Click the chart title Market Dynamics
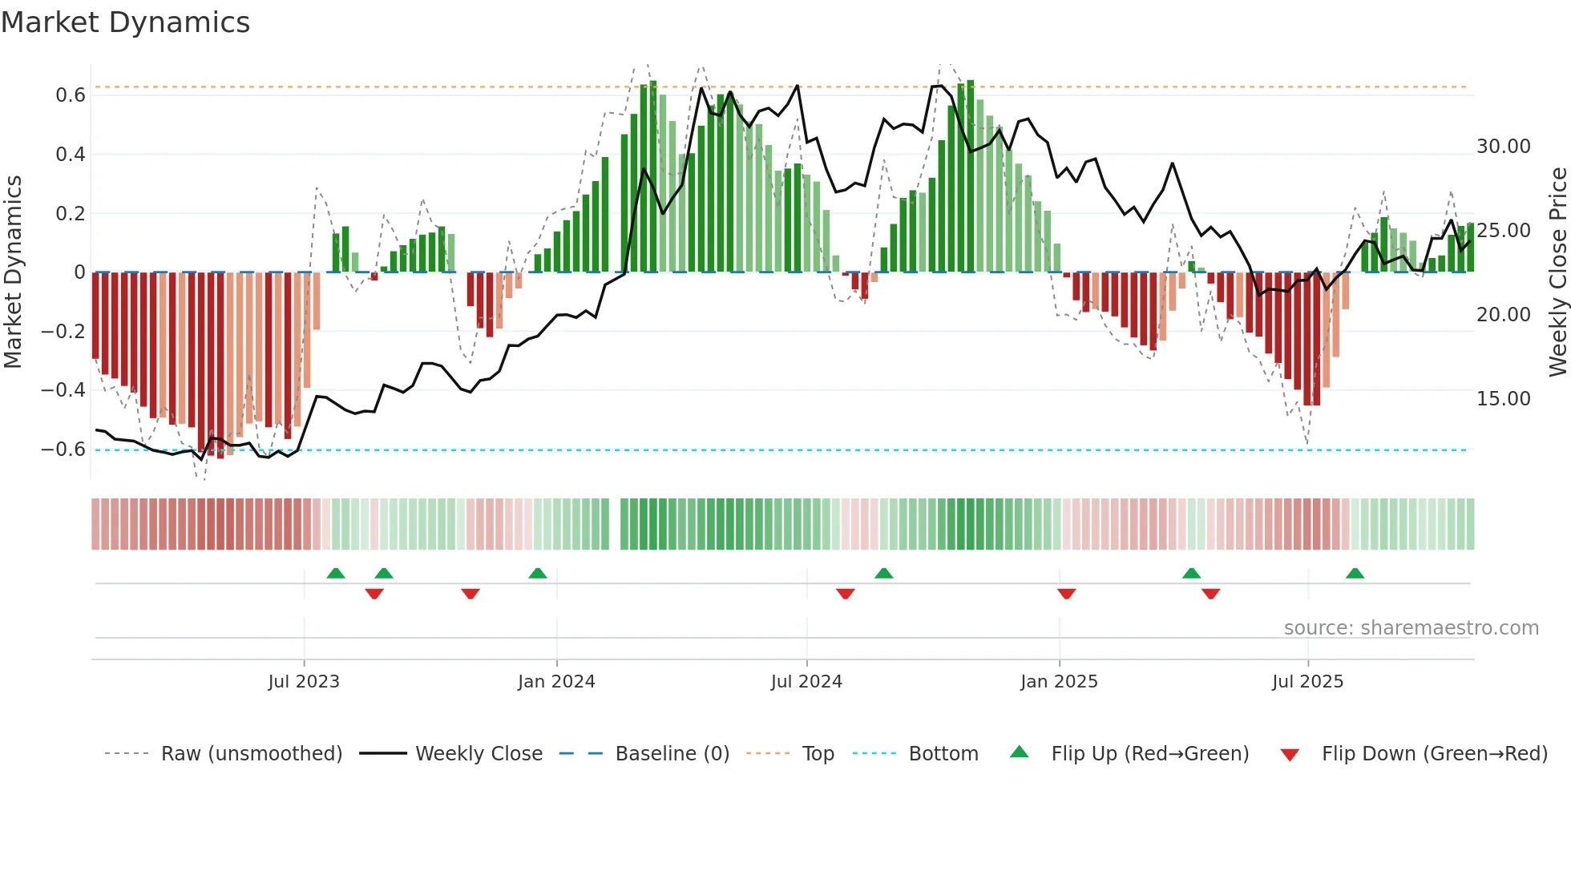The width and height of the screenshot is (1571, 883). (x=125, y=22)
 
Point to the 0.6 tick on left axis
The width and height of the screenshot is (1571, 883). (x=71, y=95)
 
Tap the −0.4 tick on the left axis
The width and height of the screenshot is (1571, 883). (x=63, y=390)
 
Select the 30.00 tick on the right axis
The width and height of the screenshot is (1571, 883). (x=1504, y=147)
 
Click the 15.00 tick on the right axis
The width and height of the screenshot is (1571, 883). (x=1504, y=399)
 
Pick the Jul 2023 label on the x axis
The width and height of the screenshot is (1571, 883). (x=304, y=682)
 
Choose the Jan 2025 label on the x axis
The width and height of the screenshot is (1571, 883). (x=1059, y=682)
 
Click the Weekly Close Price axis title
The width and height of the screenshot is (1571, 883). (x=1557, y=272)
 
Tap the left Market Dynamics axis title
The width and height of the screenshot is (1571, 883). (x=13, y=272)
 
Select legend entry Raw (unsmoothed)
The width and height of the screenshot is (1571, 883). (x=251, y=754)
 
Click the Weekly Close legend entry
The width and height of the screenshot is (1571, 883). (x=479, y=754)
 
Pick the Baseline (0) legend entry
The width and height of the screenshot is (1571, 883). (x=672, y=754)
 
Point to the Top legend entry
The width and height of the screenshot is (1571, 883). (x=818, y=754)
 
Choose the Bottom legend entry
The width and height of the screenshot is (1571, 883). (x=943, y=754)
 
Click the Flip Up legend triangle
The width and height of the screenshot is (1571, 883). (x=1019, y=752)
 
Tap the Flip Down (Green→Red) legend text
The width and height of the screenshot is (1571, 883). (x=1434, y=754)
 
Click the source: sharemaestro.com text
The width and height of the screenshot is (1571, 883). (x=1411, y=628)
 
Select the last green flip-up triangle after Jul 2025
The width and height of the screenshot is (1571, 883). (x=1355, y=574)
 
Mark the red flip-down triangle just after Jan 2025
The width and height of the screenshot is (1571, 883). (x=1066, y=594)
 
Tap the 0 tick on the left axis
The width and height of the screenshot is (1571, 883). (x=79, y=272)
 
